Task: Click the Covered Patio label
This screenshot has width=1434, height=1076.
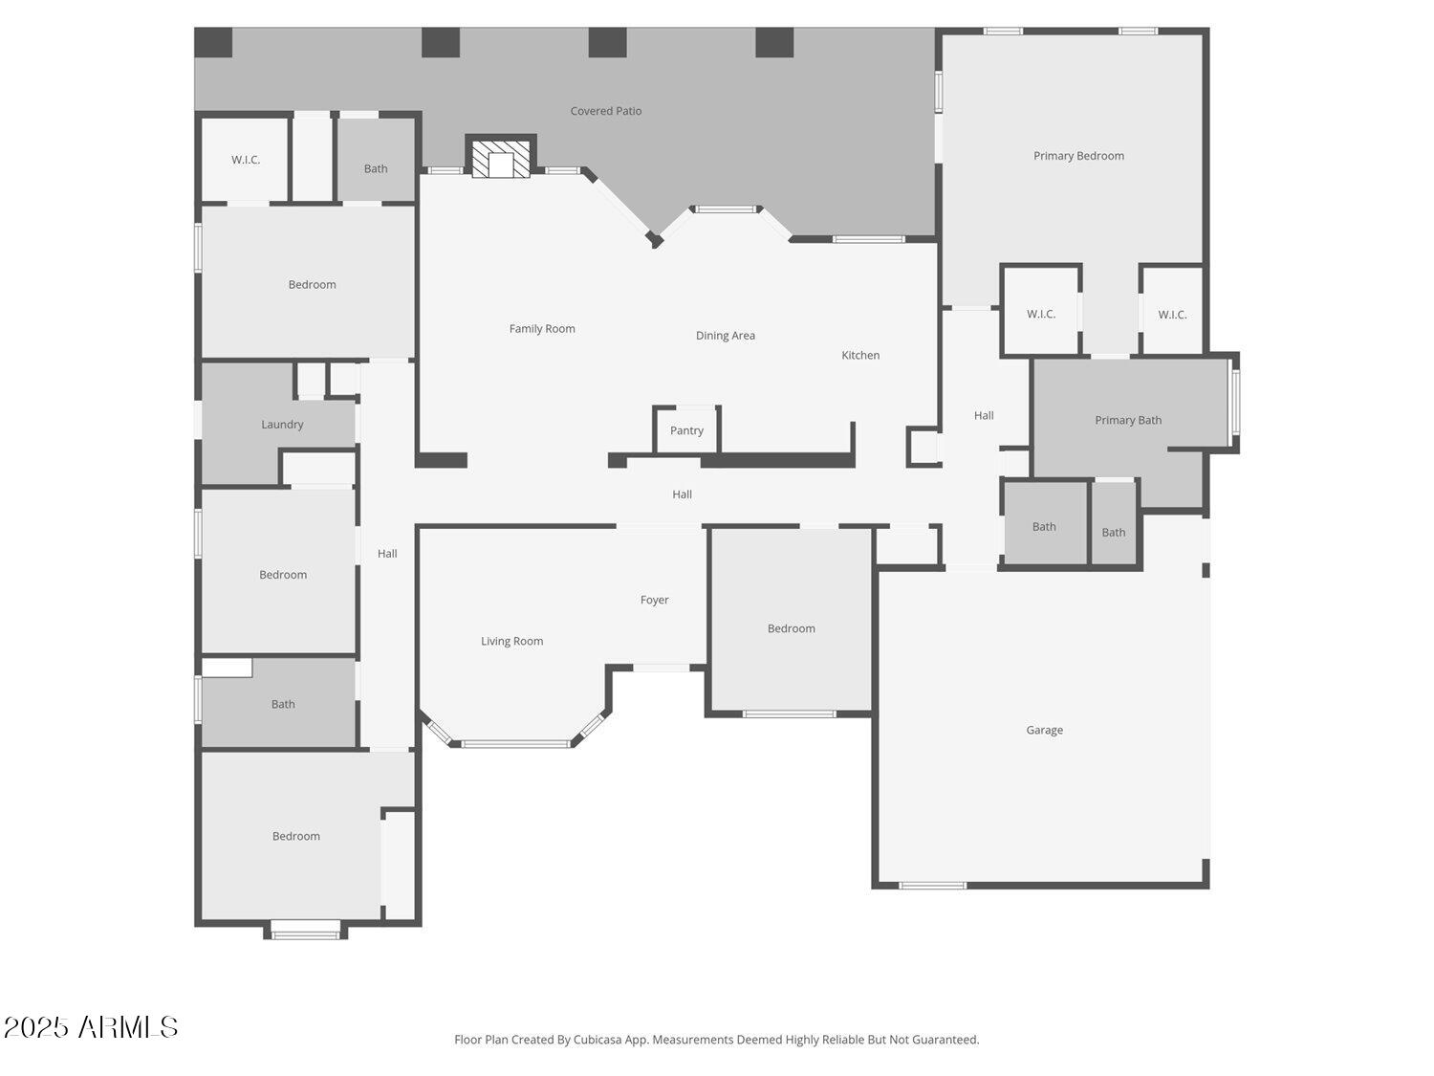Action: point(606,111)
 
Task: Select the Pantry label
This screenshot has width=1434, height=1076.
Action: point(686,430)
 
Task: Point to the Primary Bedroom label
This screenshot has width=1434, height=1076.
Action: point(1078,156)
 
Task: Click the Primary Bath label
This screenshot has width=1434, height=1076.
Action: point(1128,420)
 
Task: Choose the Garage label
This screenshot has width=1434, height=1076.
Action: point(1044,730)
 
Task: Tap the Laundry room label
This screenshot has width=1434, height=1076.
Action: point(282,425)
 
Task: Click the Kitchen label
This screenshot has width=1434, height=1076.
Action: point(860,355)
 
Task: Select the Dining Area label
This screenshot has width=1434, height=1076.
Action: point(726,336)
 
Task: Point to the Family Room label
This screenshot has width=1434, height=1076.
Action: point(542,329)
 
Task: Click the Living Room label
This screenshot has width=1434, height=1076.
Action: point(511,642)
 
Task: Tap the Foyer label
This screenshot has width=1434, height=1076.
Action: point(655,601)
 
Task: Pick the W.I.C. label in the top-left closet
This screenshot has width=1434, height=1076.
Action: point(246,160)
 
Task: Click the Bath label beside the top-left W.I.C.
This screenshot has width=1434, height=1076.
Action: point(376,169)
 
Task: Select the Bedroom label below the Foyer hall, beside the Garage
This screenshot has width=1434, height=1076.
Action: point(792,628)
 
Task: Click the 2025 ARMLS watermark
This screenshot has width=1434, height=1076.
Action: point(91,1027)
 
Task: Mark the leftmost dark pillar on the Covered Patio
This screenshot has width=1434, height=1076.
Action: point(213,42)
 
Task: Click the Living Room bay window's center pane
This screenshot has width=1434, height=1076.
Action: point(516,743)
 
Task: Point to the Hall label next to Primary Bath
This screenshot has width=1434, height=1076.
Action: point(984,415)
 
